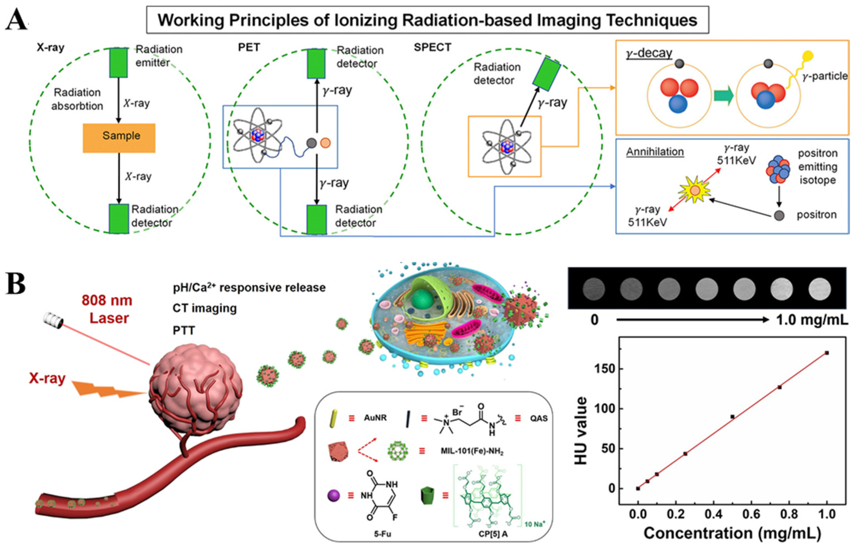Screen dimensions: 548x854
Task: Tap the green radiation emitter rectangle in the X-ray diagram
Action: tap(119, 63)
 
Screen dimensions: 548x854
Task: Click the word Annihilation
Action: tap(655, 152)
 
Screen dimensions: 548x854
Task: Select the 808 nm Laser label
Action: tap(107, 309)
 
